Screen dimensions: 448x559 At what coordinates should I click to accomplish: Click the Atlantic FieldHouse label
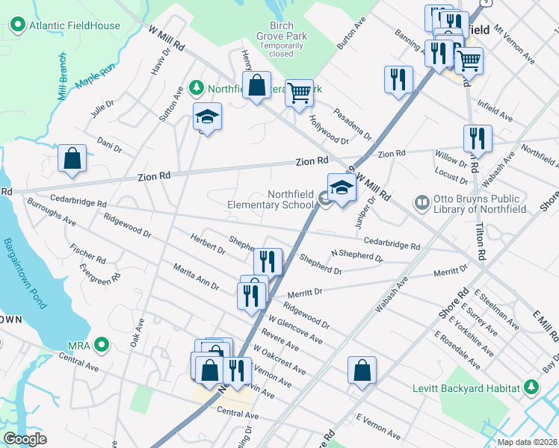click(74, 25)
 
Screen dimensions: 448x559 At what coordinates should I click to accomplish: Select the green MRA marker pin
click(102, 345)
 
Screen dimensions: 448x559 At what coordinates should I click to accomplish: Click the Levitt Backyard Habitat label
click(466, 388)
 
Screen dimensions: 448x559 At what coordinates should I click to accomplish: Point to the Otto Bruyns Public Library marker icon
click(421, 202)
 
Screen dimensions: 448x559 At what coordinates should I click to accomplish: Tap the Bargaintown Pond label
click(25, 273)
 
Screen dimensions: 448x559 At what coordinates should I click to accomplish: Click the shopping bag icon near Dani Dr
click(72, 159)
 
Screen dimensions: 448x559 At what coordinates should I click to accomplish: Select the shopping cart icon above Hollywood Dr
click(299, 93)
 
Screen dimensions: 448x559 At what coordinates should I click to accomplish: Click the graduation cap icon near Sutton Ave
click(207, 116)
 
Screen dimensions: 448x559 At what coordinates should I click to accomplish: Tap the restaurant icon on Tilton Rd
click(477, 138)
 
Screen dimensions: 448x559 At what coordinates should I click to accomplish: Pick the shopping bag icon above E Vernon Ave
click(362, 370)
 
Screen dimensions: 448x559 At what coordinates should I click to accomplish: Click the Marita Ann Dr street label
click(195, 276)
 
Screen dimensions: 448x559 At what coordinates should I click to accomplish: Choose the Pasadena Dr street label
click(352, 123)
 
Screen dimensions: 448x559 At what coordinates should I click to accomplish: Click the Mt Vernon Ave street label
click(514, 47)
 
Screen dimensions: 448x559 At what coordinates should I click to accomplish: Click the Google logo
click(25, 439)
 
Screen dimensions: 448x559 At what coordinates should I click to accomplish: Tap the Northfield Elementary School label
click(271, 199)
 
